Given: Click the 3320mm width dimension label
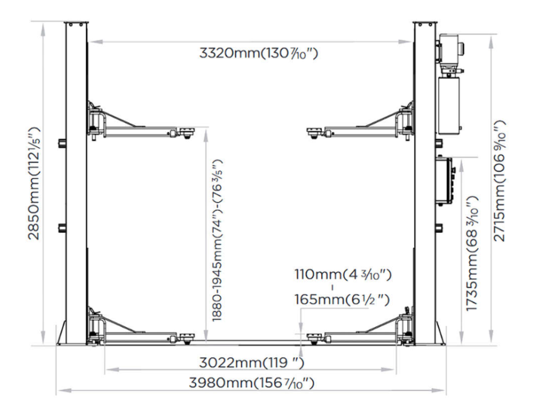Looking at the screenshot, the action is pos(259,54).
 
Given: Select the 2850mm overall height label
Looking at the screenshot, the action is pos(34,183).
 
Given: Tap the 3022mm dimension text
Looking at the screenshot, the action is pos(251,363).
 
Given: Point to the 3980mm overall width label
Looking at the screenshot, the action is pos(252,383).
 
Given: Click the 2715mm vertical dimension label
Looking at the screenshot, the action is pos(499,181).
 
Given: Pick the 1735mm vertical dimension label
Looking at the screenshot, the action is pos(472,254).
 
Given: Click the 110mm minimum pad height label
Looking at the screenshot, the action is pos(343,275).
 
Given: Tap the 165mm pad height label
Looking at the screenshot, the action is pos(342,300).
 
